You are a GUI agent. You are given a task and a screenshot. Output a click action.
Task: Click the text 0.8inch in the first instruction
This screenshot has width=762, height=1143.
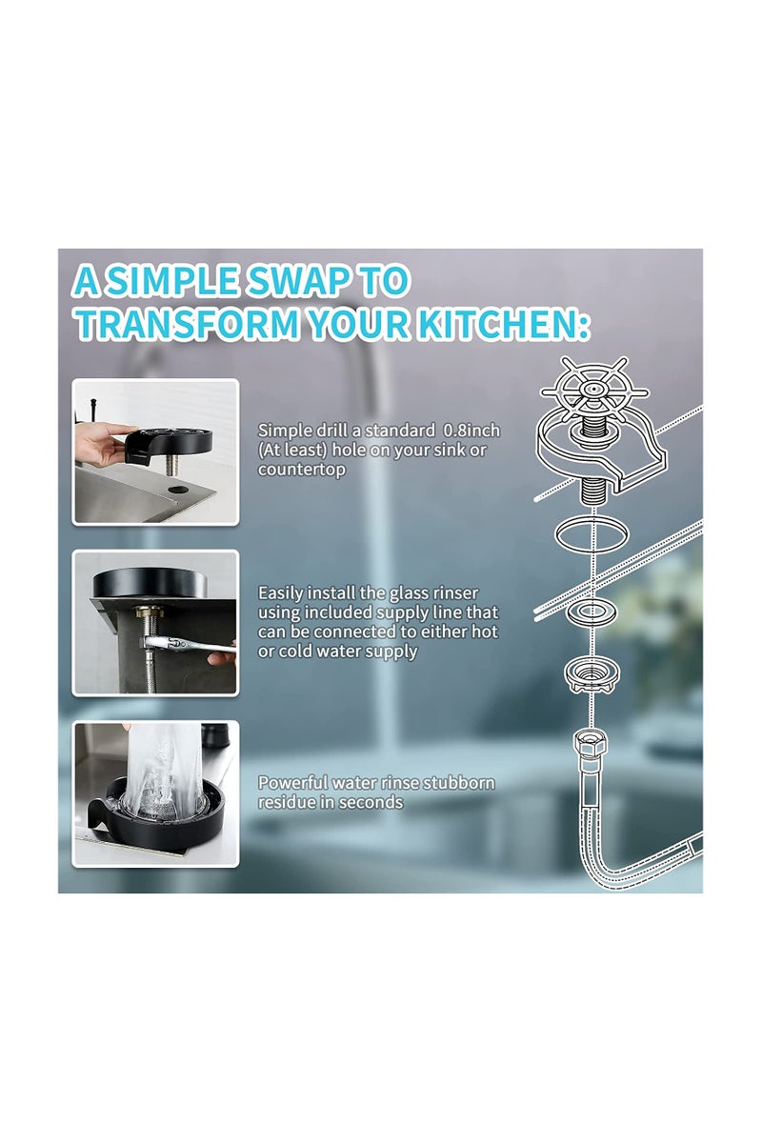coord(471,431)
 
